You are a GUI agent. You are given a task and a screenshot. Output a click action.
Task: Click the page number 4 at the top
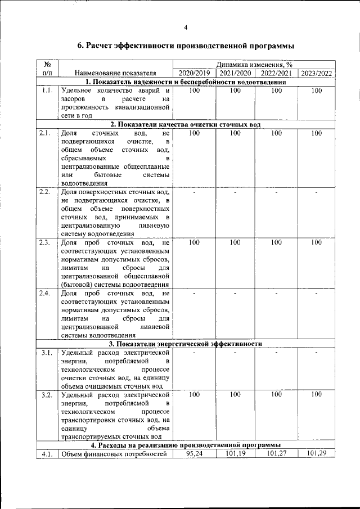pos(185,28)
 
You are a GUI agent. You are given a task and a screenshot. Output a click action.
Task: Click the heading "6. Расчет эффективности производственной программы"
pos(186,46)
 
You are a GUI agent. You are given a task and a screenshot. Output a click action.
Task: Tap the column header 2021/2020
pos(235,73)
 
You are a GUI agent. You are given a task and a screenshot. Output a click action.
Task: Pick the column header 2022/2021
pos(276,73)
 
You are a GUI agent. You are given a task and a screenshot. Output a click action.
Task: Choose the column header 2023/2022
pos(317,73)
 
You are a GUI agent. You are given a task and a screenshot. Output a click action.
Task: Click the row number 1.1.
pos(47,91)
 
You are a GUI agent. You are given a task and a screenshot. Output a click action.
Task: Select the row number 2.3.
pos(45,243)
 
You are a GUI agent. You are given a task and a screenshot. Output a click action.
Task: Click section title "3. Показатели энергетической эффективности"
pos(186,344)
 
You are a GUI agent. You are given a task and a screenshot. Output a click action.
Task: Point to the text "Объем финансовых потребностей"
pos(115,454)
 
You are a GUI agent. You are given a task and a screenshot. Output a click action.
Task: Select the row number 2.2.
pos(45,192)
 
